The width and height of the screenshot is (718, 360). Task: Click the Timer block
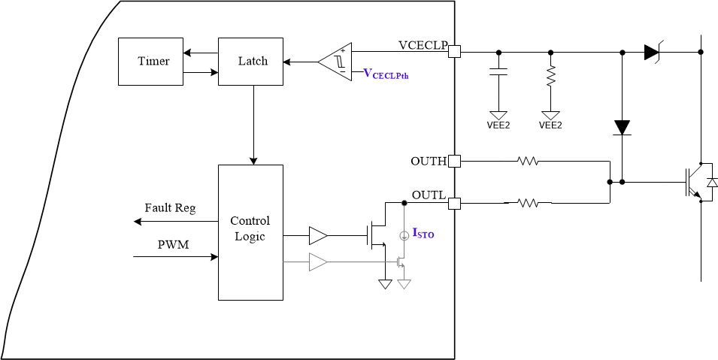pos(153,61)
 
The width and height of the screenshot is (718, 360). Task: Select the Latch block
pos(252,61)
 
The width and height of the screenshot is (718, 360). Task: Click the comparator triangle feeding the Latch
pos(336,60)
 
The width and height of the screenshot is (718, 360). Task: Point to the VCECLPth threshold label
pos(386,74)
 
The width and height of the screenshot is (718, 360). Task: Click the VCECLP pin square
pos(454,51)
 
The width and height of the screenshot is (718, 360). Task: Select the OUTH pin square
pos(454,161)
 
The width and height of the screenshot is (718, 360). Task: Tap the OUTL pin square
pos(454,202)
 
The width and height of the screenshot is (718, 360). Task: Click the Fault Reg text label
pos(170,208)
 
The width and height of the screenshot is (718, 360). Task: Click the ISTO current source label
pos(423,234)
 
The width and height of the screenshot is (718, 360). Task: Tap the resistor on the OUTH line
pos(528,161)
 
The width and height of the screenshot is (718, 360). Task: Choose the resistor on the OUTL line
pos(528,202)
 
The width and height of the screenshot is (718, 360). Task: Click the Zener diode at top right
pos(652,52)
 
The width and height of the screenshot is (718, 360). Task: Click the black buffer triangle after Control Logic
pos(318,237)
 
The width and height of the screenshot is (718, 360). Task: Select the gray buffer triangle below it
pos(318,262)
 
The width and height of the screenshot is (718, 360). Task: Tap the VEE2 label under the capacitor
pos(498,126)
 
